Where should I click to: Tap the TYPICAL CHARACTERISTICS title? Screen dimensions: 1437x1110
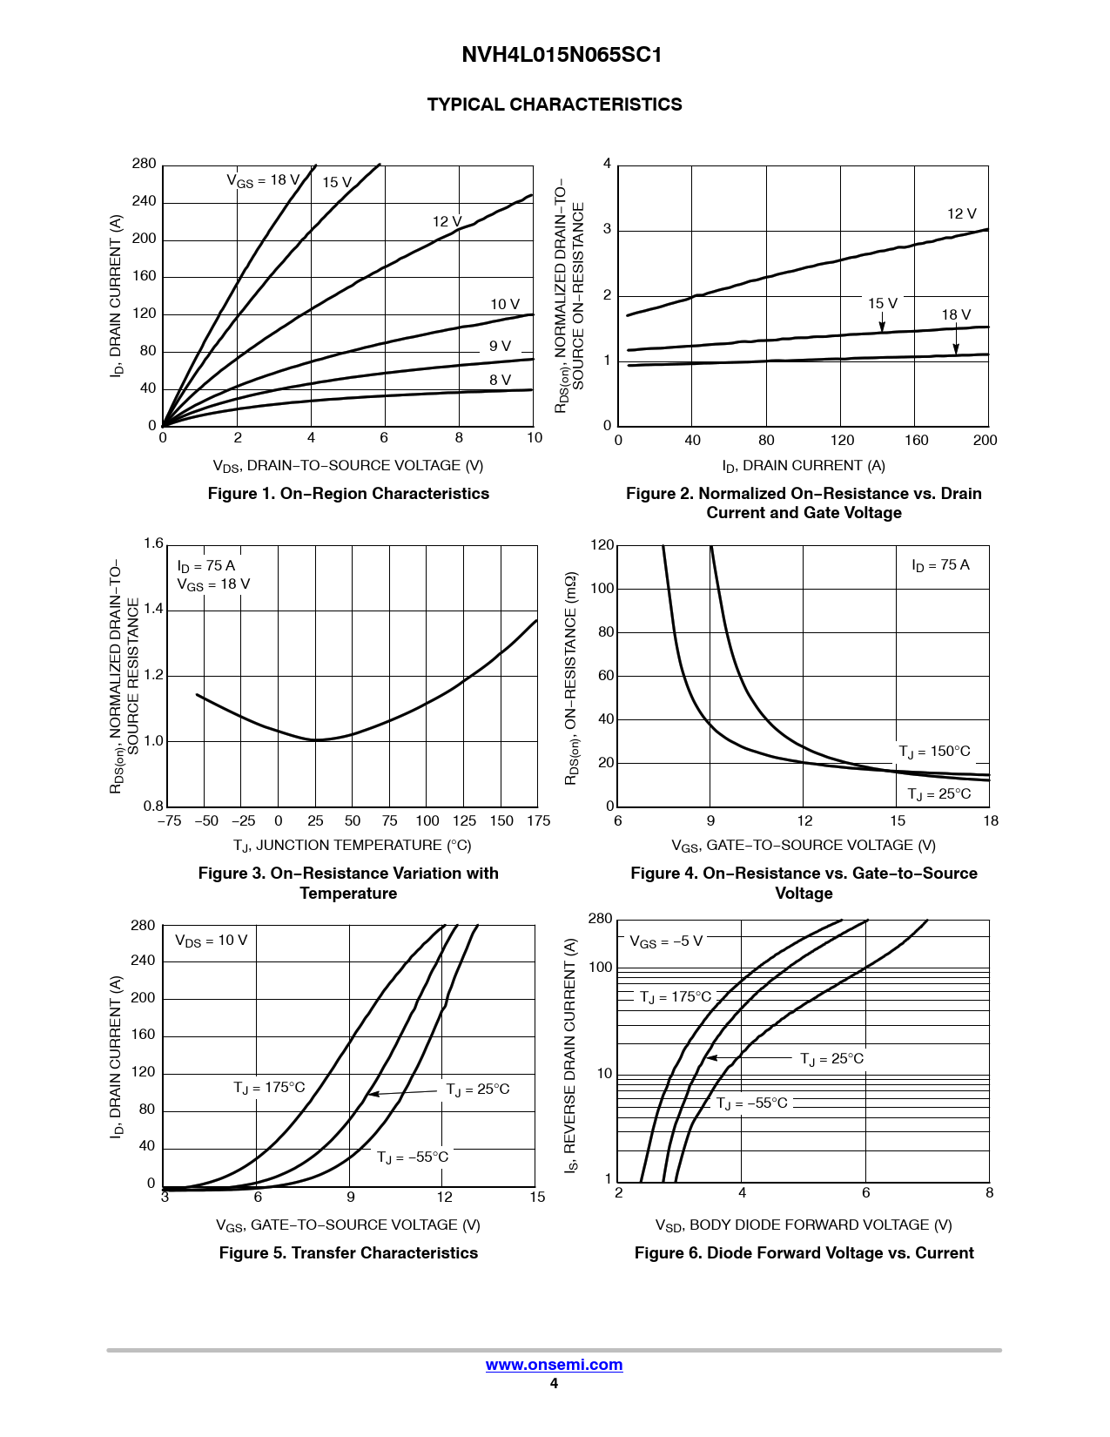[x=555, y=105]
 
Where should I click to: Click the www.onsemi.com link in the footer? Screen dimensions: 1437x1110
[x=554, y=1365]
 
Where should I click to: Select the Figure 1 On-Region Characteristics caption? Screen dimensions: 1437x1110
[x=348, y=494]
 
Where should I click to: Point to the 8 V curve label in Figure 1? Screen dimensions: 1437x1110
[x=500, y=380]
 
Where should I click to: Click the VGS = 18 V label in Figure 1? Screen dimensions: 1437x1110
[x=263, y=180]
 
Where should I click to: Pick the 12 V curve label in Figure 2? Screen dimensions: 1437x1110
[x=961, y=213]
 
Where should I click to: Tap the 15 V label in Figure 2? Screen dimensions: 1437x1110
[x=882, y=303]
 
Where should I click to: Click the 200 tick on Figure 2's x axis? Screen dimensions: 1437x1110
[x=985, y=441]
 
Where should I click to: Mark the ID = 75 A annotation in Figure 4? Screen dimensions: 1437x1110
[x=940, y=565]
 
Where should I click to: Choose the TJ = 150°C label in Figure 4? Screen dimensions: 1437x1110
[x=934, y=752]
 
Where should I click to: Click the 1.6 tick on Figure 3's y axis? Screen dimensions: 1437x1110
[x=153, y=544]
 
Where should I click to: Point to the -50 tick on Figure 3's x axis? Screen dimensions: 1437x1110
[x=206, y=821]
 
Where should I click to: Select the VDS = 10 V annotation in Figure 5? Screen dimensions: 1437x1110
[x=212, y=941]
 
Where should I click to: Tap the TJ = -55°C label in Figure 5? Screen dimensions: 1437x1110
[x=413, y=1157]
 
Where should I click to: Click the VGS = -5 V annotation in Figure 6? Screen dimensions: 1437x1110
[x=666, y=941]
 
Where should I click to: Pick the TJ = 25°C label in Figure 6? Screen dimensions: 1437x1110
[x=831, y=1059]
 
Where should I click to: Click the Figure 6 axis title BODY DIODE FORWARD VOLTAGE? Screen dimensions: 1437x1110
[x=804, y=1225]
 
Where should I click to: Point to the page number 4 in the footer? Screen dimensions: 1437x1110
[x=554, y=1384]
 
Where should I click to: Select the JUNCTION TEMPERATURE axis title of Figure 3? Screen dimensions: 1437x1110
[x=352, y=846]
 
